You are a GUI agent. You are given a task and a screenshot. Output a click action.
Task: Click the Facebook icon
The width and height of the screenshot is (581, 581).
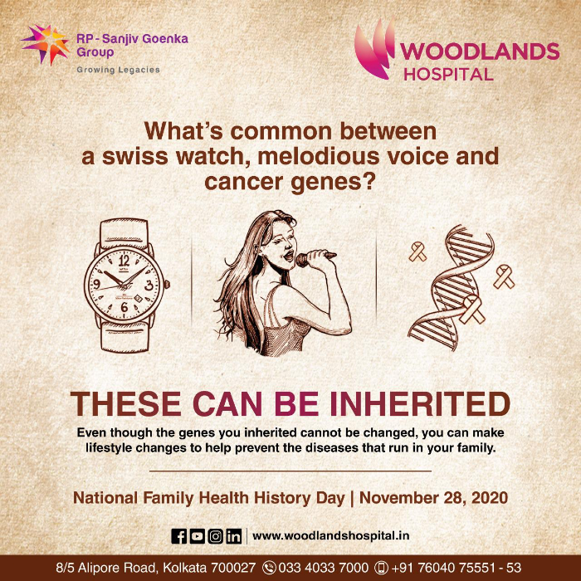point(179,536)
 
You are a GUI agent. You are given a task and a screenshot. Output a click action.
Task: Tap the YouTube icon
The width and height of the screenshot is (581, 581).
point(198,536)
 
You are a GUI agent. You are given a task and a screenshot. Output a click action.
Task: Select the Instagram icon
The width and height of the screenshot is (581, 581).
point(215,536)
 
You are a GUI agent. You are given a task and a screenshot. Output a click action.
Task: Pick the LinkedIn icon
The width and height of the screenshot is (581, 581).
point(234,536)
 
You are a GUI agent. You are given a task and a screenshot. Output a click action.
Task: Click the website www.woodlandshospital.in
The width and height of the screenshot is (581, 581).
point(331,536)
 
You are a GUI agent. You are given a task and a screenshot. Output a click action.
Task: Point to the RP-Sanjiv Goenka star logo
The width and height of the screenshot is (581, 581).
point(46,44)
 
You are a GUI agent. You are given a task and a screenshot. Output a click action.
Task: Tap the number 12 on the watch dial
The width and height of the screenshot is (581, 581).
point(124,261)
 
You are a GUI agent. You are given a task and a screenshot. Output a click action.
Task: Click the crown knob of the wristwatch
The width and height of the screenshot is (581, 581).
point(167,284)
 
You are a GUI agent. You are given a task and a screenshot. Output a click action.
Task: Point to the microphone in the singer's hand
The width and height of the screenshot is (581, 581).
point(315,257)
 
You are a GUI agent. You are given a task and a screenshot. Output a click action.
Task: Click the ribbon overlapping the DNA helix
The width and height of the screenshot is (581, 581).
point(471,310)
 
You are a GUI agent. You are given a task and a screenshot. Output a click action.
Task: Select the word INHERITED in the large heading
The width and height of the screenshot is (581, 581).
point(419,403)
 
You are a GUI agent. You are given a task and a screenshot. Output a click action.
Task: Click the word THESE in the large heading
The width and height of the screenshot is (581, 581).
point(125,403)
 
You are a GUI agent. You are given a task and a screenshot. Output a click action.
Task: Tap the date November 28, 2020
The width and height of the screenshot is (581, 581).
point(433,498)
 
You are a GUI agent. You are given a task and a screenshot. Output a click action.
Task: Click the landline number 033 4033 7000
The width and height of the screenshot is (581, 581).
point(323,567)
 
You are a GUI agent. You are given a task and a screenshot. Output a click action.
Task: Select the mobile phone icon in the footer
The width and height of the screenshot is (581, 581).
point(381,568)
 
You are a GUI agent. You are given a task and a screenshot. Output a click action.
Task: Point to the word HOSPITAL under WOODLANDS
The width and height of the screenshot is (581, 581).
point(448,74)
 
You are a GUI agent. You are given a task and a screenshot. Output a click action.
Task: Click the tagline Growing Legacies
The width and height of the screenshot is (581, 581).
point(118,70)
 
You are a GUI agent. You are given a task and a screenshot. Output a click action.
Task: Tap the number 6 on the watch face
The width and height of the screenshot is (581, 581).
point(124,307)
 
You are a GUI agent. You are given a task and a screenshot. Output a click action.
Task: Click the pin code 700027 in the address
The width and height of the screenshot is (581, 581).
point(233,567)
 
